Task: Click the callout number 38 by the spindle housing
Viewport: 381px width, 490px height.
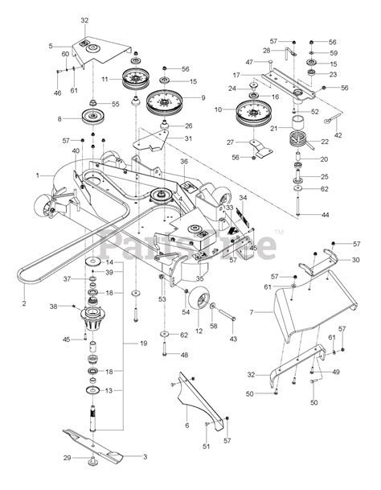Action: [53, 307]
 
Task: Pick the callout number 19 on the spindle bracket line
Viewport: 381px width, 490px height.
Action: [144, 344]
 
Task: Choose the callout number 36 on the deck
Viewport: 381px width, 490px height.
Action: [184, 162]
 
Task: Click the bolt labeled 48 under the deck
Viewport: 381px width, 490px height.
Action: [163, 347]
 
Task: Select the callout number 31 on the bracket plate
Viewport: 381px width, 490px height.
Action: [188, 138]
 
